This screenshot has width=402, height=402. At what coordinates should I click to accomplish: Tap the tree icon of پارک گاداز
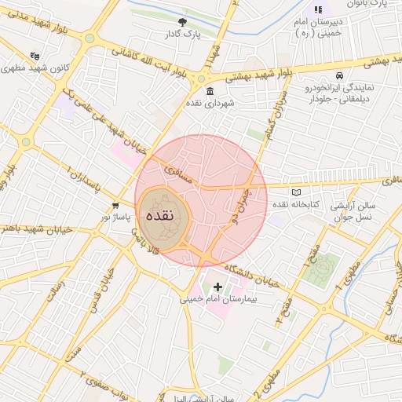183,23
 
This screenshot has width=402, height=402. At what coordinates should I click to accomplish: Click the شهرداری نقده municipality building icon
210,91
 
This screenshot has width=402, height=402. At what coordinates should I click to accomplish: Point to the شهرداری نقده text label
206,103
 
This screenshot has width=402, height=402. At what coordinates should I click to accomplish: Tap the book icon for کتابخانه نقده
296,192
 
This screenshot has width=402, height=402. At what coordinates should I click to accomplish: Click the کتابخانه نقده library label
296,204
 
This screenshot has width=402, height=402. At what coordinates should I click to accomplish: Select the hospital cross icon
217,287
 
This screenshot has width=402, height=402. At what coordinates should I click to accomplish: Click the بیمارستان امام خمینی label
217,299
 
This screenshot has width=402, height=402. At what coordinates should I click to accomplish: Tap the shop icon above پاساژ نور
115,205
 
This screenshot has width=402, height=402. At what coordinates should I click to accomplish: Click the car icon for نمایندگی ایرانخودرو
338,76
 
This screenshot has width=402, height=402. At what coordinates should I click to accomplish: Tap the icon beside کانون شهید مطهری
34,57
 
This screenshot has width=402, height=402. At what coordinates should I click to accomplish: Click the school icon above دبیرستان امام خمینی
318,9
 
